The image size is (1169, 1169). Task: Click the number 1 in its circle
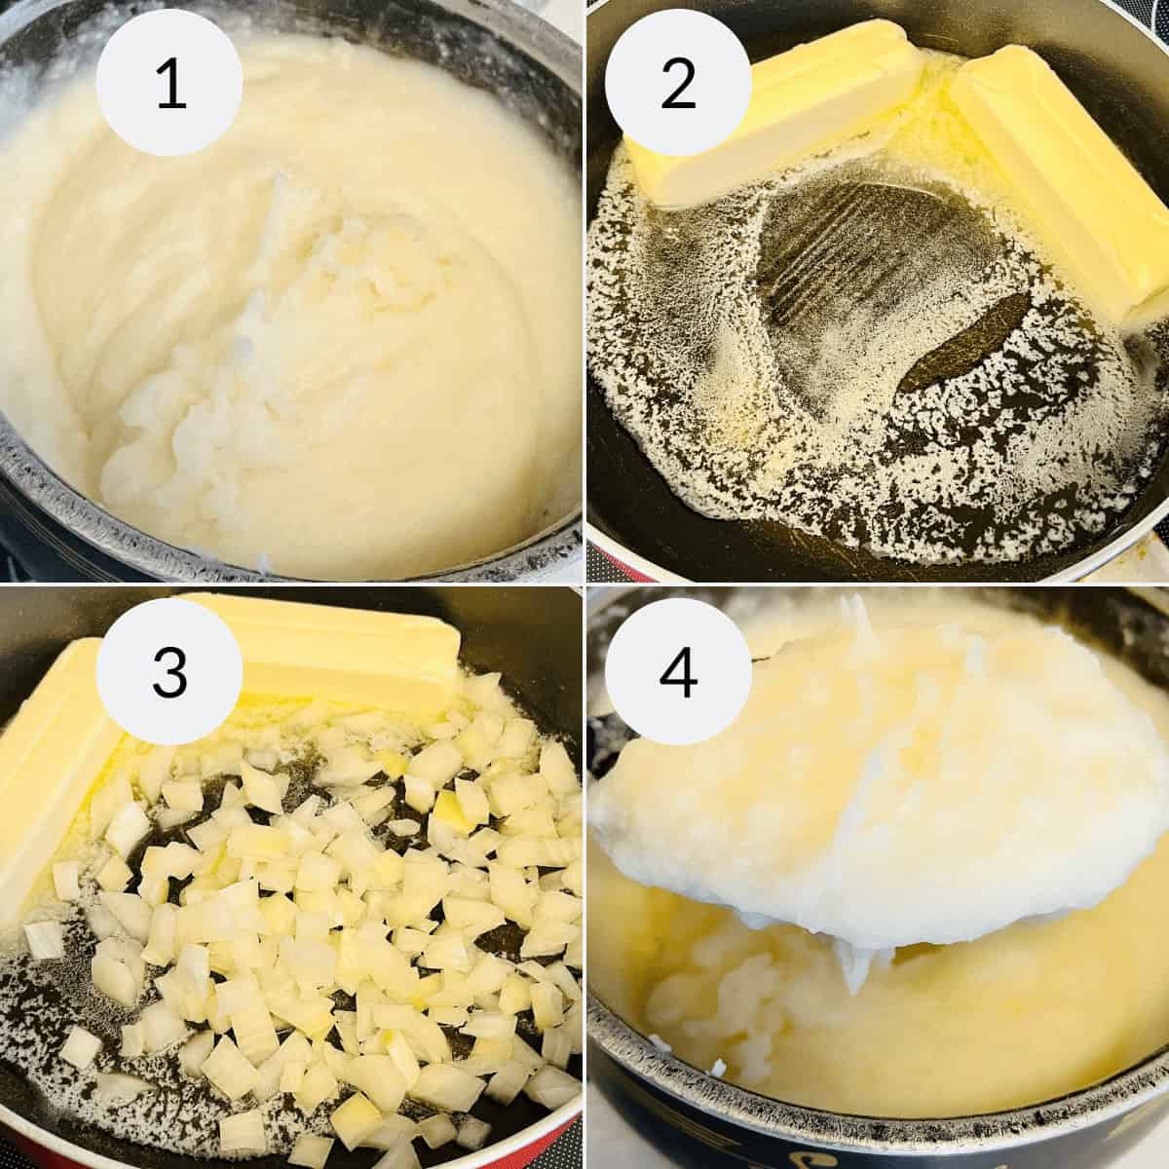[x=170, y=85]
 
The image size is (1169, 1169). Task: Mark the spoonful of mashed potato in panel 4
[x=877, y=799]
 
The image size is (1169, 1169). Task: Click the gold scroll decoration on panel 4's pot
[x=1081, y=1150]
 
